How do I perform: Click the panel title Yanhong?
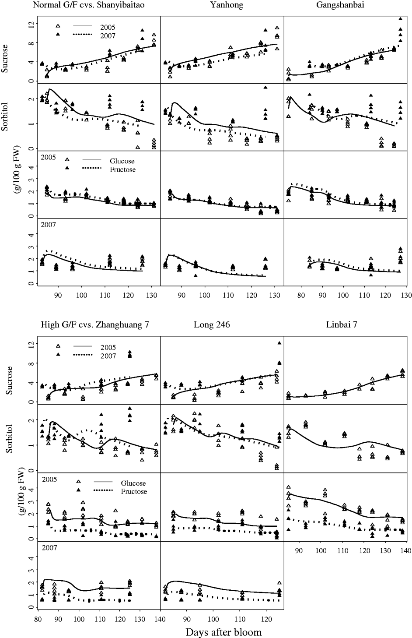click(x=221, y=5)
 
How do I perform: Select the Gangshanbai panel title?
click(x=347, y=5)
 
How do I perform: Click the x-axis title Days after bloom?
click(x=223, y=632)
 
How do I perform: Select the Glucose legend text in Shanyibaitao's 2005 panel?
click(x=122, y=161)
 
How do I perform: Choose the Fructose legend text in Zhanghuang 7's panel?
click(x=134, y=491)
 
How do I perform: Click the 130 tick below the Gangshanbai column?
click(x=406, y=295)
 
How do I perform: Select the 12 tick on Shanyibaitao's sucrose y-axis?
click(x=31, y=24)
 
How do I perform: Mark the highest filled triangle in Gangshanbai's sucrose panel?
click(x=400, y=19)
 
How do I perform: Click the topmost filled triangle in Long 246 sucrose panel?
click(x=279, y=343)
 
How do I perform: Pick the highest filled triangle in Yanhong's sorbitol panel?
click(x=265, y=88)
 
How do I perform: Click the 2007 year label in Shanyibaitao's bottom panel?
click(x=48, y=225)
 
